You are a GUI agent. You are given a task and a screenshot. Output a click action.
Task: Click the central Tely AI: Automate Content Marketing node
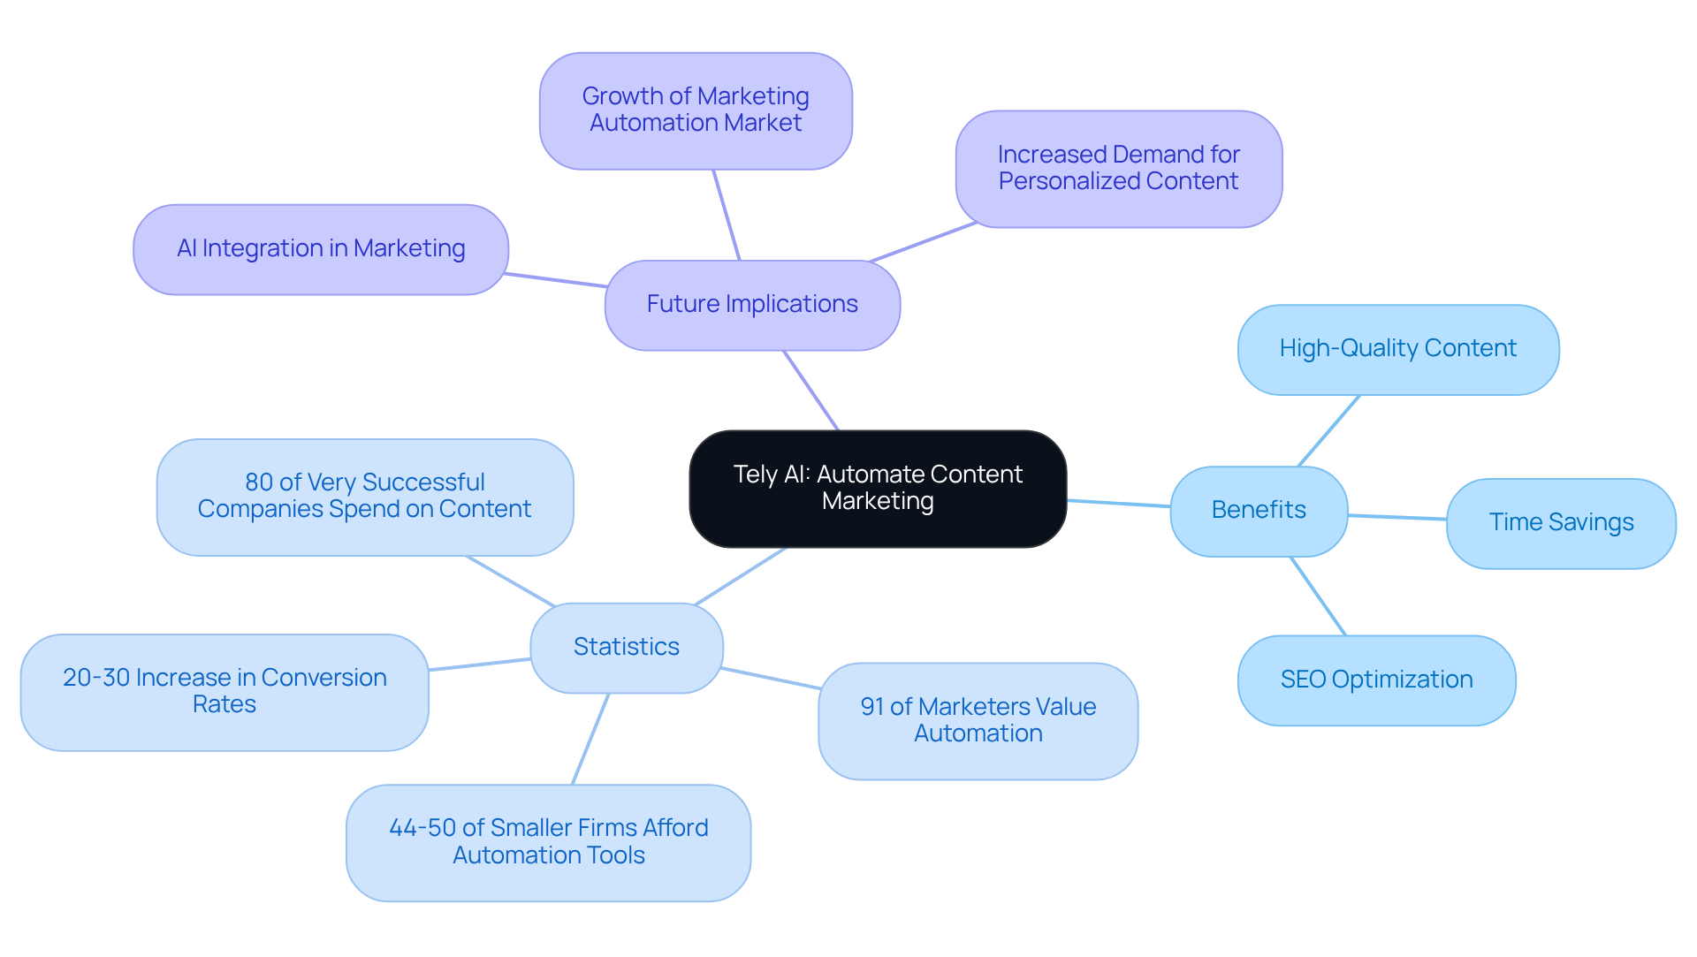click(878, 489)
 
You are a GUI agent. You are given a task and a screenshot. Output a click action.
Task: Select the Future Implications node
click(752, 305)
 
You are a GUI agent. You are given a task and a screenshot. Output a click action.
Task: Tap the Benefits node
click(1259, 511)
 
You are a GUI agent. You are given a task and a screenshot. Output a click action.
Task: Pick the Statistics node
click(627, 647)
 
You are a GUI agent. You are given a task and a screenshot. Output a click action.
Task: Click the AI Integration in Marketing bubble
click(321, 249)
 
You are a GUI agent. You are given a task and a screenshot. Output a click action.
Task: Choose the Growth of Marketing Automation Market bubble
click(696, 110)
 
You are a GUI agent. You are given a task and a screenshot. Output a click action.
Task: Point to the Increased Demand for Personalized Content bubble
click(1119, 169)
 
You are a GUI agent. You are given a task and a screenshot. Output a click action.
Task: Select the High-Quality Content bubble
click(1398, 349)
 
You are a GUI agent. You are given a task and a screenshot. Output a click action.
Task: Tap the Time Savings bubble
click(1561, 523)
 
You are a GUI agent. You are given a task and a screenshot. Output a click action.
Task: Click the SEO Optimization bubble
click(1376, 680)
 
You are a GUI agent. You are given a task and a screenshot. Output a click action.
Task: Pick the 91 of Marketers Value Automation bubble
click(978, 720)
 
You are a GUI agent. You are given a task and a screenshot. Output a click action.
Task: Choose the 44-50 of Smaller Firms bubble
click(548, 842)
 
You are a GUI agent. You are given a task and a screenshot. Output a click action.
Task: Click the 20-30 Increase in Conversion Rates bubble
click(224, 692)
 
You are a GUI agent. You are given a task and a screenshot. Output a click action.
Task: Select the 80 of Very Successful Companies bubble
click(364, 497)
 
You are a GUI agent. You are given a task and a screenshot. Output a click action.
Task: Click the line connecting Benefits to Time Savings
click(1397, 517)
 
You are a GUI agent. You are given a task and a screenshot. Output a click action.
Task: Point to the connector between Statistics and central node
click(741, 576)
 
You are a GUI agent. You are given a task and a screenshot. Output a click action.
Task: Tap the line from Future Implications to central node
click(810, 390)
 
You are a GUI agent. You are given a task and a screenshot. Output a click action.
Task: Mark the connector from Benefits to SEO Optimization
click(1319, 596)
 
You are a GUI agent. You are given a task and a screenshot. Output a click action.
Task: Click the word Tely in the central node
click(751, 475)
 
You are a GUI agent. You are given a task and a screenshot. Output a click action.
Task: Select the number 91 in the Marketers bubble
click(871, 707)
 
